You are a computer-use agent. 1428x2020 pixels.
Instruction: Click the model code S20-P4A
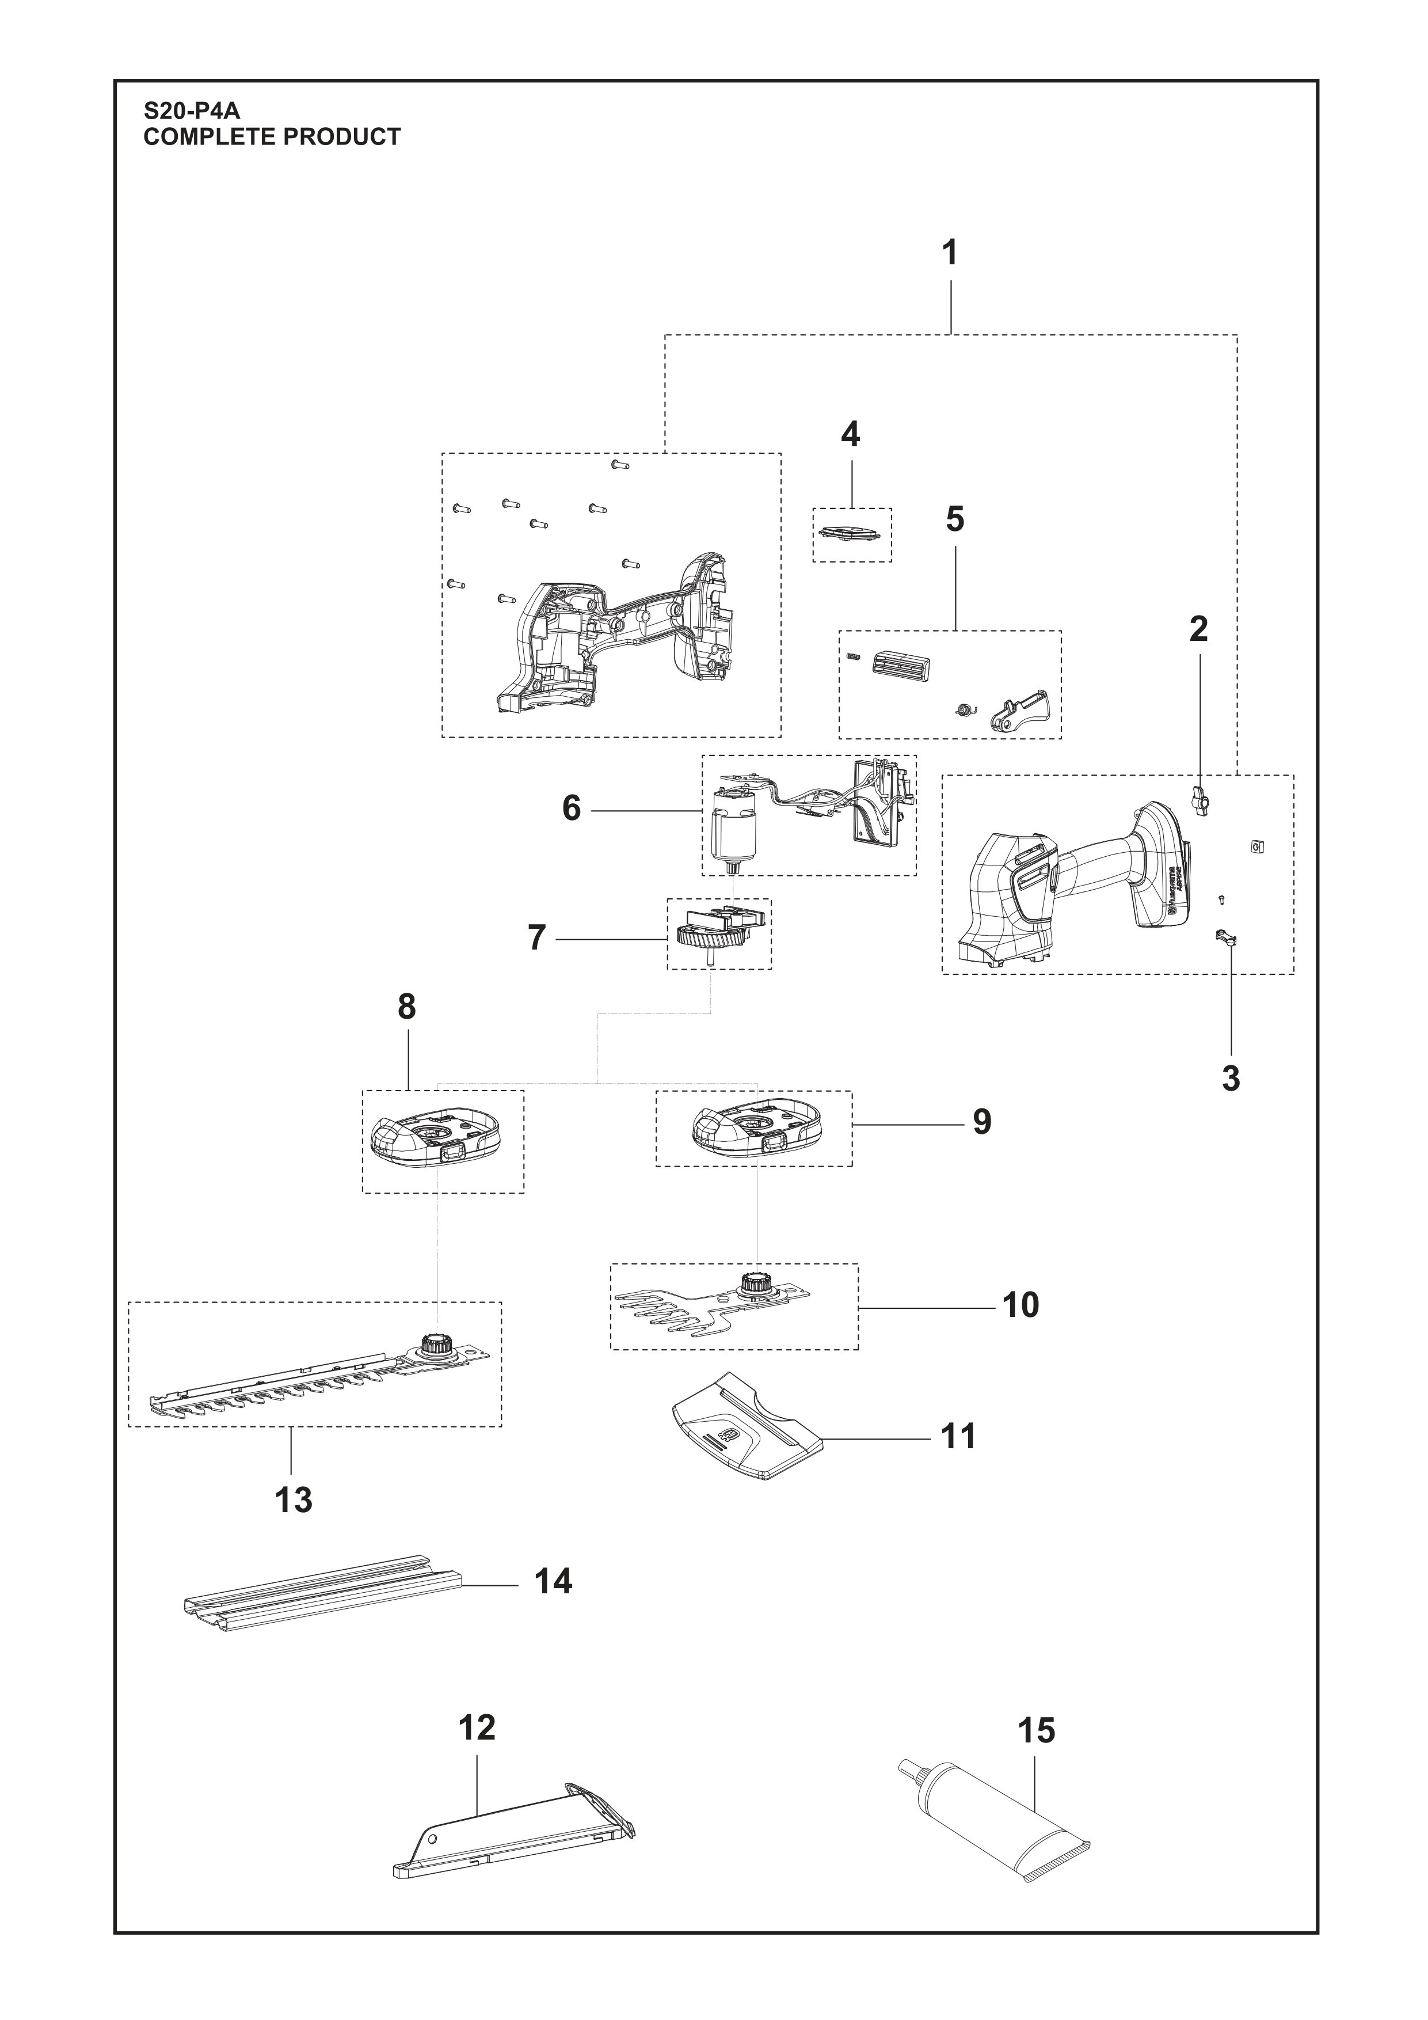tap(192, 112)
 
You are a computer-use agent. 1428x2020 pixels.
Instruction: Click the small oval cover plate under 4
tap(850, 534)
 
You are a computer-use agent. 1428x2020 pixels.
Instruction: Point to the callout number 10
tap(1021, 1305)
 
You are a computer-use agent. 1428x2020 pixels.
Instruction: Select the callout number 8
tap(406, 1007)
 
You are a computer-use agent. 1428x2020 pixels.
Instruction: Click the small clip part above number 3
tap(1227, 938)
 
